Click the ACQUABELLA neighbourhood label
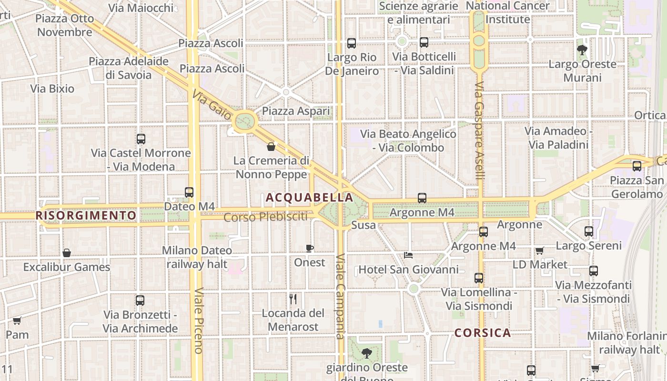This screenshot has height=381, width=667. (310, 197)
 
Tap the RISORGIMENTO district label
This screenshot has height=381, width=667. (86, 215)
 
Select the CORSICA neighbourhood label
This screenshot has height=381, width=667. (483, 333)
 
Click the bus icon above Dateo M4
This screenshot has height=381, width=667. (189, 192)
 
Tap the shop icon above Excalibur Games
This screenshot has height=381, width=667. (67, 253)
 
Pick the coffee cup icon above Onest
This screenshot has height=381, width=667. (310, 248)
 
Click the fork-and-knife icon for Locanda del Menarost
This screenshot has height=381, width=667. (293, 299)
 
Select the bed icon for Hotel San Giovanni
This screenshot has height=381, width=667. (408, 255)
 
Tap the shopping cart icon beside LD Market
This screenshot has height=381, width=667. (540, 251)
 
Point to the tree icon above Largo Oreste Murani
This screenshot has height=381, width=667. (582, 50)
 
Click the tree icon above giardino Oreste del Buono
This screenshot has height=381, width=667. (366, 353)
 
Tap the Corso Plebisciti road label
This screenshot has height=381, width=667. (265, 217)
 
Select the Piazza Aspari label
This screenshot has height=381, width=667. (296, 111)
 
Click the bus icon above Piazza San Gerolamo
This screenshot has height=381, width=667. (637, 166)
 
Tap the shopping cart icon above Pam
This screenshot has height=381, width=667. (17, 321)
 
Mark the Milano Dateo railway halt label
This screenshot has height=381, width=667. (197, 257)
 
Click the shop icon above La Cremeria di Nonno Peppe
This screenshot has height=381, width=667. (271, 147)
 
